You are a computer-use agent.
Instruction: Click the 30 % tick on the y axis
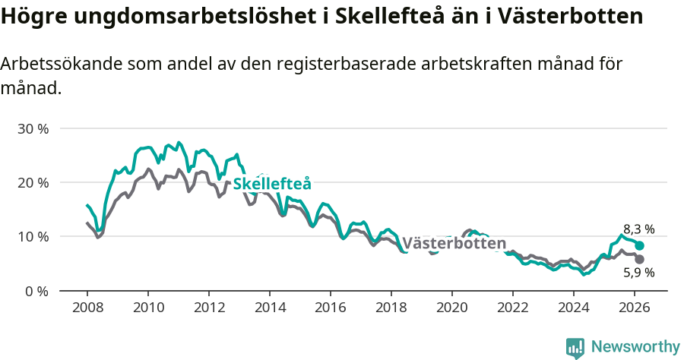point(33,128)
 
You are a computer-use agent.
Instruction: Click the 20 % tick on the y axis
point(33,182)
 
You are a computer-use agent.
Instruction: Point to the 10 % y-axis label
point(33,236)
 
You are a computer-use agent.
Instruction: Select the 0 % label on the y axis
point(36,291)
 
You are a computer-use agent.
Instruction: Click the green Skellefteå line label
point(272,184)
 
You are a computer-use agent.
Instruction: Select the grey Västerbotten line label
point(454,244)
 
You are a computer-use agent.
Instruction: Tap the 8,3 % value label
point(638,229)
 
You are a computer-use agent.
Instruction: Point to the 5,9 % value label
point(638,272)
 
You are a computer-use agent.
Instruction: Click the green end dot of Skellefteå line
point(640,246)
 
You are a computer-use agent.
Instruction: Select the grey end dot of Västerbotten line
point(640,259)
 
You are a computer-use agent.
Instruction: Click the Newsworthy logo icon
point(575,347)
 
